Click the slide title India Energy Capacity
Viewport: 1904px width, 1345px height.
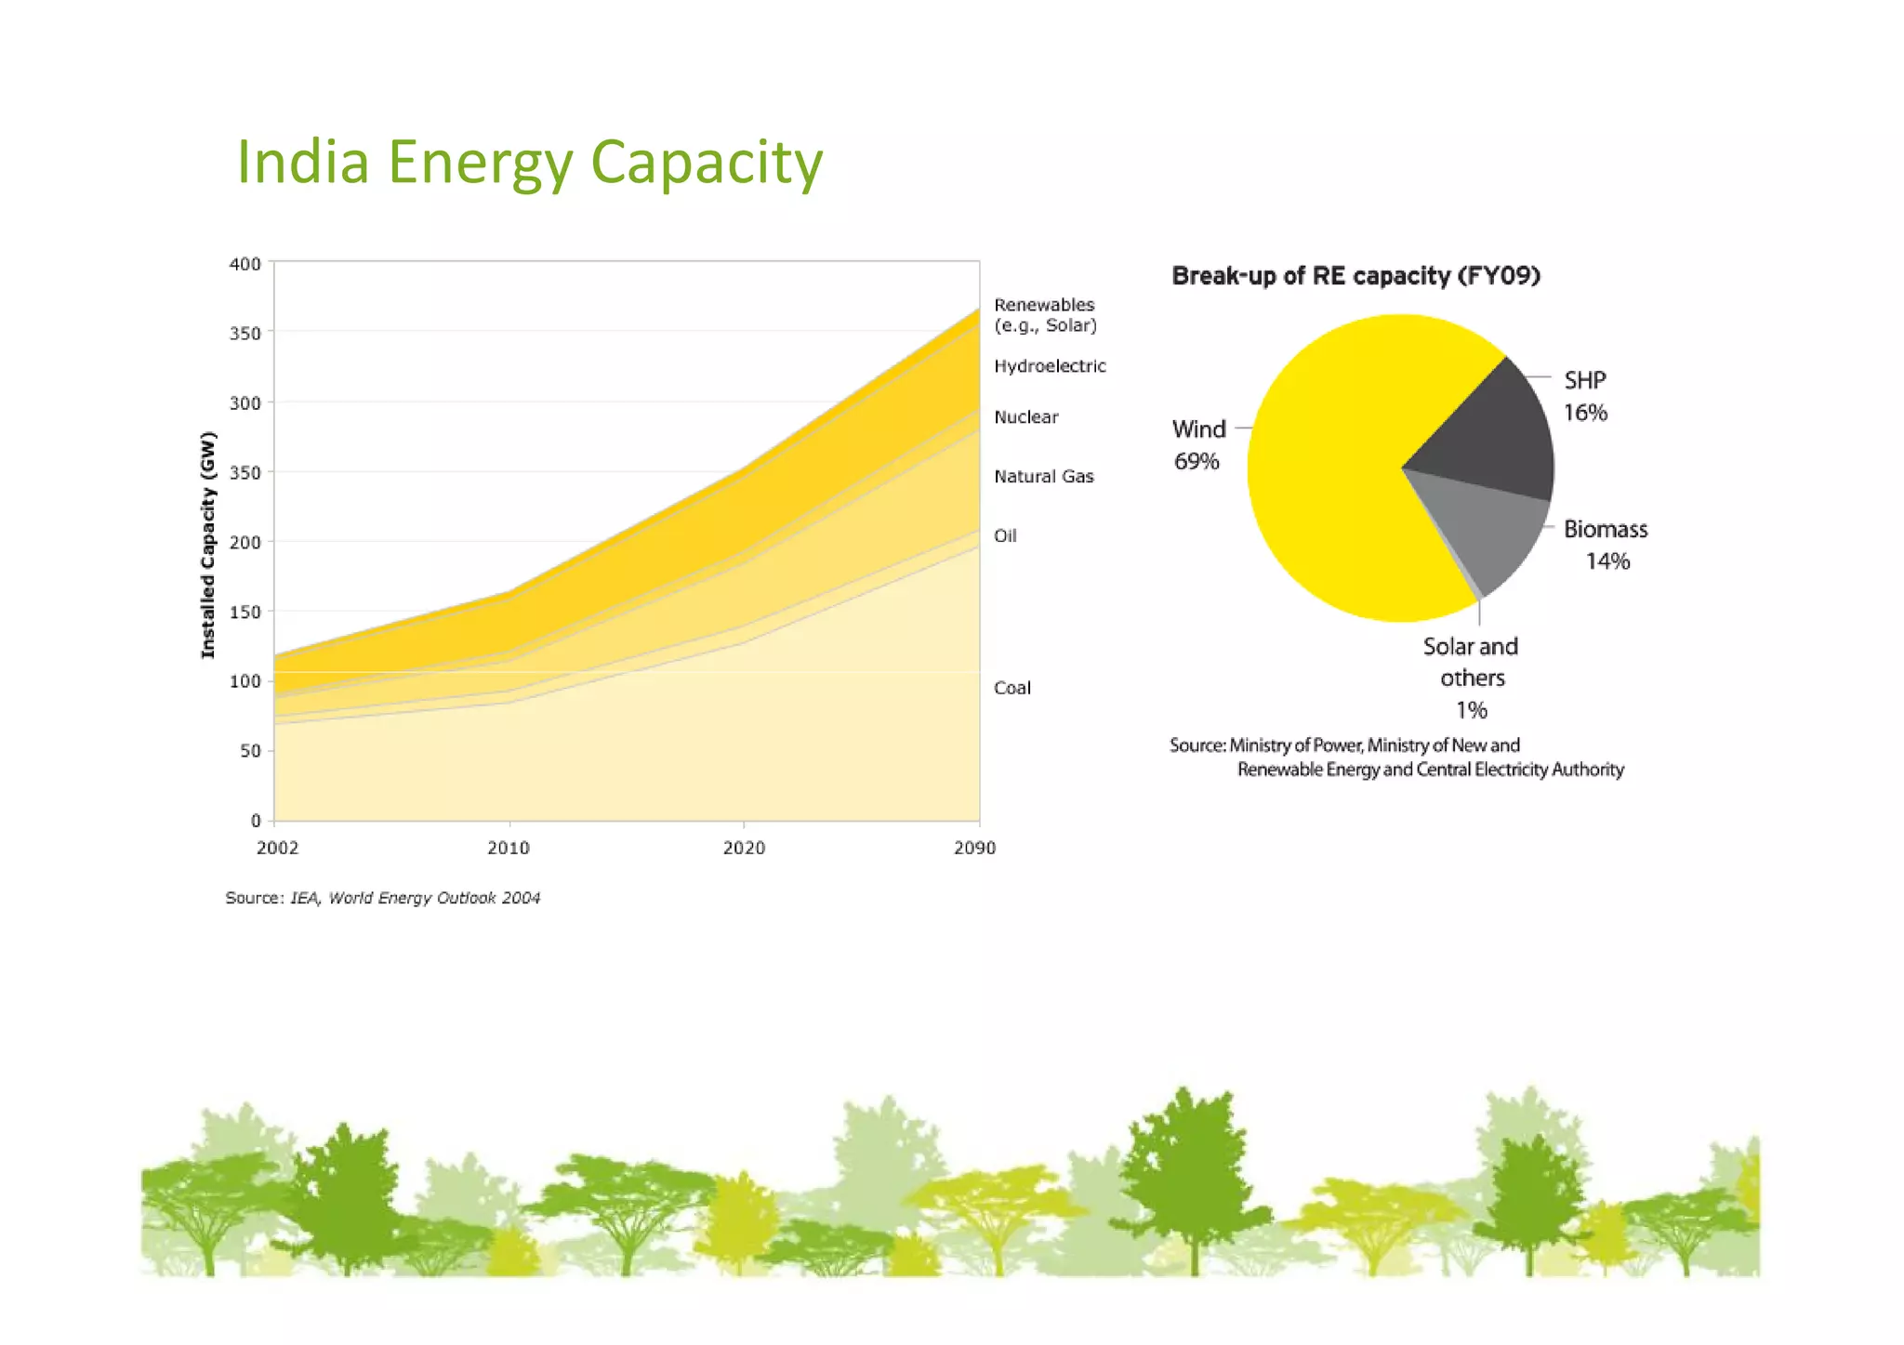tap(529, 163)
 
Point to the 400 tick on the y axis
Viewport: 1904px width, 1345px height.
tap(245, 264)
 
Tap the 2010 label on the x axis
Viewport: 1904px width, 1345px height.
tap(509, 848)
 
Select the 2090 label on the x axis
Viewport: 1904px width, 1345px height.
tap(974, 848)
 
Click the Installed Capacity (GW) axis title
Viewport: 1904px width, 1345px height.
tap(208, 545)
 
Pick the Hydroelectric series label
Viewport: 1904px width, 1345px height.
tap(1050, 366)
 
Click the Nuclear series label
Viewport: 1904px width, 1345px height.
tap(1025, 417)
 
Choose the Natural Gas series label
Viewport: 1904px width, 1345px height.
tap(1043, 477)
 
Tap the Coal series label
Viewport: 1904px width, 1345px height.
tap(1011, 688)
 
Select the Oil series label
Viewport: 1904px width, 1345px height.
tap(1005, 535)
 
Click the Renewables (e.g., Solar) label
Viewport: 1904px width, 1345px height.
tap(1045, 315)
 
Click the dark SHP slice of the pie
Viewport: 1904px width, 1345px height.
tap(1487, 432)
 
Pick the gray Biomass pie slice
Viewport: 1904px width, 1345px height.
tap(1487, 530)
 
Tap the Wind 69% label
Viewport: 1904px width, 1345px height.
tap(1197, 445)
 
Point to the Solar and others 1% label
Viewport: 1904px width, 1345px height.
tap(1471, 678)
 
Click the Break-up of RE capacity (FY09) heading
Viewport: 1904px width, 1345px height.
tap(1355, 276)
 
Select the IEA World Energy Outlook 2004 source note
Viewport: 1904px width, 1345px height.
tap(382, 898)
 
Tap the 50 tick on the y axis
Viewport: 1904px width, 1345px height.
tap(250, 751)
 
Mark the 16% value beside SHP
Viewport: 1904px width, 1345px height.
tap(1585, 413)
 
